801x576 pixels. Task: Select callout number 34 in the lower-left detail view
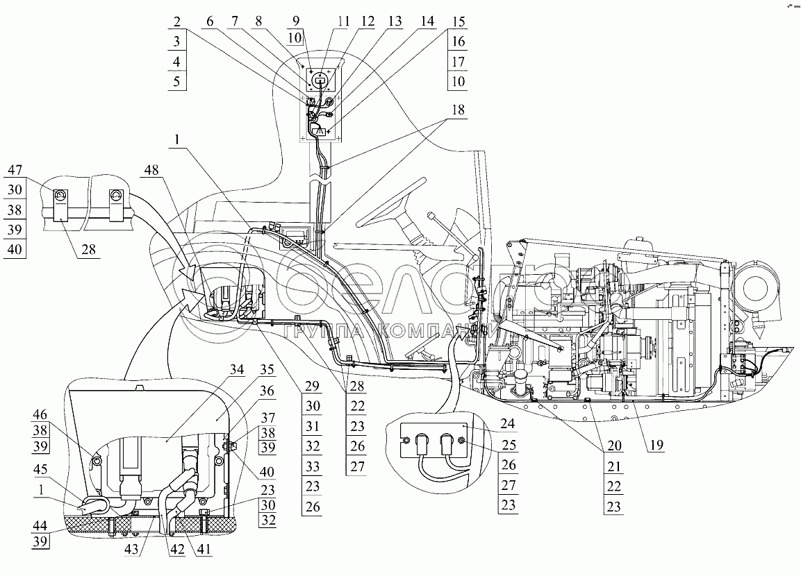click(238, 369)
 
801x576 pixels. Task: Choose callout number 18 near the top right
click(457, 110)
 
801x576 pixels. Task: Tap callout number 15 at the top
click(457, 22)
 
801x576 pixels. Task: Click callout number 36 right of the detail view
click(267, 392)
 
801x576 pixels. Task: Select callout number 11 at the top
click(342, 22)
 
